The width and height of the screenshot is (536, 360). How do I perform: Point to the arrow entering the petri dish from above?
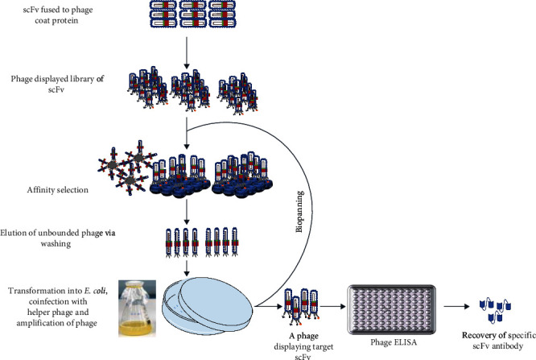(x=186, y=266)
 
